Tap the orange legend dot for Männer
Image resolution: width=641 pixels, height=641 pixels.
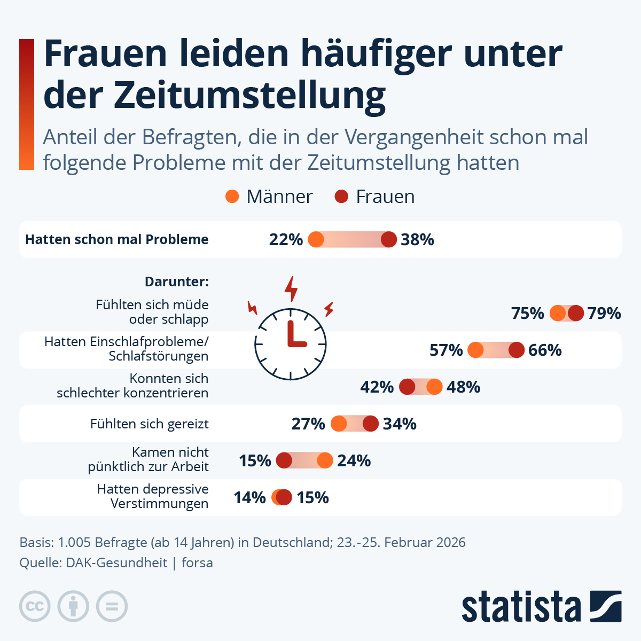pos(232,197)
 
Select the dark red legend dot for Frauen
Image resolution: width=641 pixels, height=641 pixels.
pos(341,197)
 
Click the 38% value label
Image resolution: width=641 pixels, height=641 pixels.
pos(417,240)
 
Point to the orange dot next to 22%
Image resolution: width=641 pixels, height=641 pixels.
pos(316,240)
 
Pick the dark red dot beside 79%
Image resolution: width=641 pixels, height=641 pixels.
pos(575,314)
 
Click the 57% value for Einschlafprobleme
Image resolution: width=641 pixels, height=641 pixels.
pos(446,350)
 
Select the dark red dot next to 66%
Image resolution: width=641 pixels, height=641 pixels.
pos(517,350)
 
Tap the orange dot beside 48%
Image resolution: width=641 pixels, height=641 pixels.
pos(435,387)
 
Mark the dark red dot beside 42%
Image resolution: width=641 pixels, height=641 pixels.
pos(407,387)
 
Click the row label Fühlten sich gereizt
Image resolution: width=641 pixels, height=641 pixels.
pos(150,424)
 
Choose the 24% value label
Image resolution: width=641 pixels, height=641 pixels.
pos(354,460)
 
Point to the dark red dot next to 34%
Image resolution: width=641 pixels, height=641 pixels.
pos(371,424)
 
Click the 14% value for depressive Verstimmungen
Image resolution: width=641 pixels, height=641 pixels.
pos(249,497)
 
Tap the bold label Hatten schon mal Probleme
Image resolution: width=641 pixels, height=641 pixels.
pos(117,240)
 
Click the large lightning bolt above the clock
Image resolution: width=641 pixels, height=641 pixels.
pos(291,289)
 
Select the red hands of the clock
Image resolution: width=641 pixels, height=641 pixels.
pos(294,335)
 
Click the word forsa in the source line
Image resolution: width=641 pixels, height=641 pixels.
pos(197,562)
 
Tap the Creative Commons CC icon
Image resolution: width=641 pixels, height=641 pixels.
pos(35,607)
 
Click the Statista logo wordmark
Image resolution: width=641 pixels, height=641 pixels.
pos(521,607)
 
